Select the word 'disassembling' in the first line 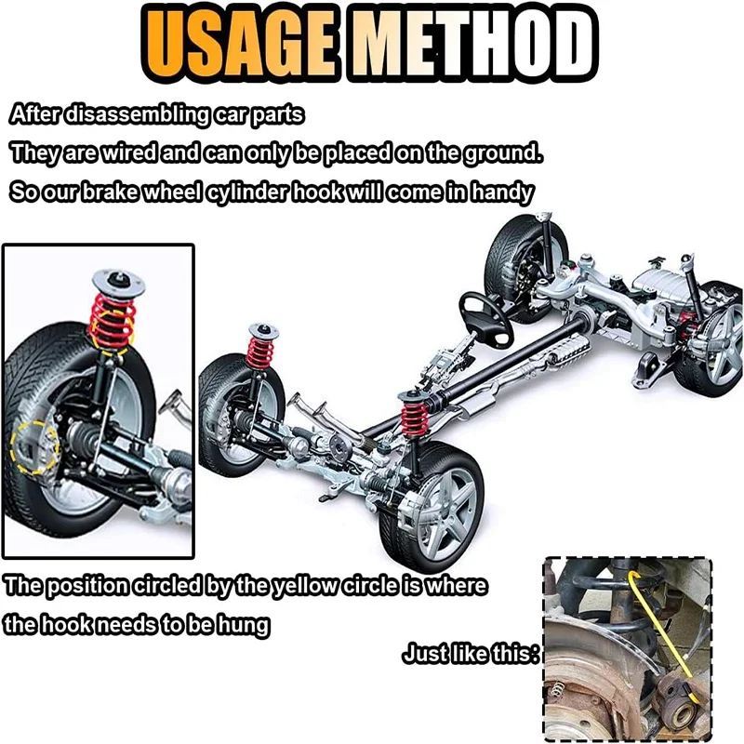click(137, 114)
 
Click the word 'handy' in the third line click(502, 193)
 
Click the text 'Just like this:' click(472, 654)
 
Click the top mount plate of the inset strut click(118, 281)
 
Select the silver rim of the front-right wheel click(446, 512)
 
